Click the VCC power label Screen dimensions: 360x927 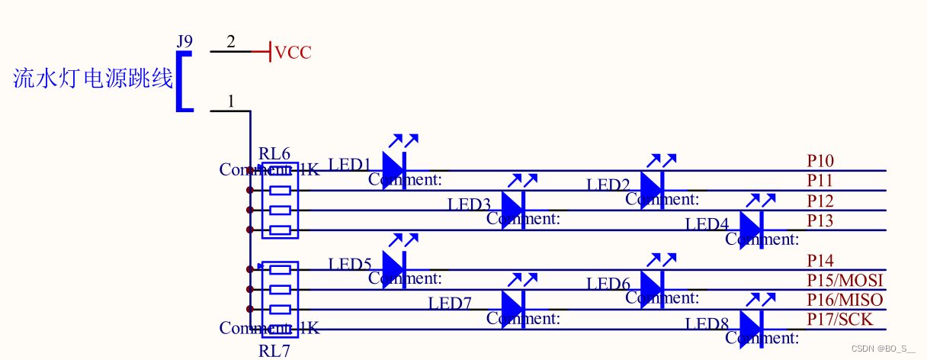point(293,53)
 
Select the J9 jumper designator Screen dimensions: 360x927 point(184,41)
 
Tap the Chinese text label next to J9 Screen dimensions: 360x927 point(93,78)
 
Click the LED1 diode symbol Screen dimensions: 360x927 point(393,169)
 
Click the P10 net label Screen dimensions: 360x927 point(820,161)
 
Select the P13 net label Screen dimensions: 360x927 point(820,221)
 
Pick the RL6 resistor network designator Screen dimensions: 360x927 point(274,154)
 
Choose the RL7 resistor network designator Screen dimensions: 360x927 point(274,351)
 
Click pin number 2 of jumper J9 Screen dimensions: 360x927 point(231,41)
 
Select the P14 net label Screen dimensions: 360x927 point(820,261)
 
